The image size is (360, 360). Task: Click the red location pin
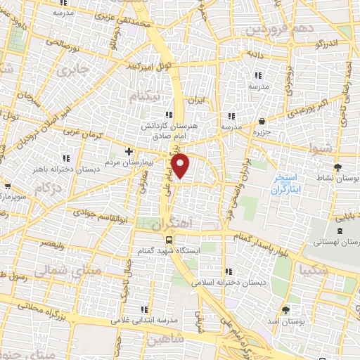(182, 166)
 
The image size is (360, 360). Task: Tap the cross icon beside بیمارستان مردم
(129, 151)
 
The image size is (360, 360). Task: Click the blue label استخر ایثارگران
(288, 185)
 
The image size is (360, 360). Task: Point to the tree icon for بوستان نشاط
(337, 167)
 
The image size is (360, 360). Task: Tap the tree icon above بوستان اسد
(285, 309)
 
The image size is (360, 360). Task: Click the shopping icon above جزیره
(262, 121)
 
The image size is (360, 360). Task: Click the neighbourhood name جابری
(74, 70)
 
